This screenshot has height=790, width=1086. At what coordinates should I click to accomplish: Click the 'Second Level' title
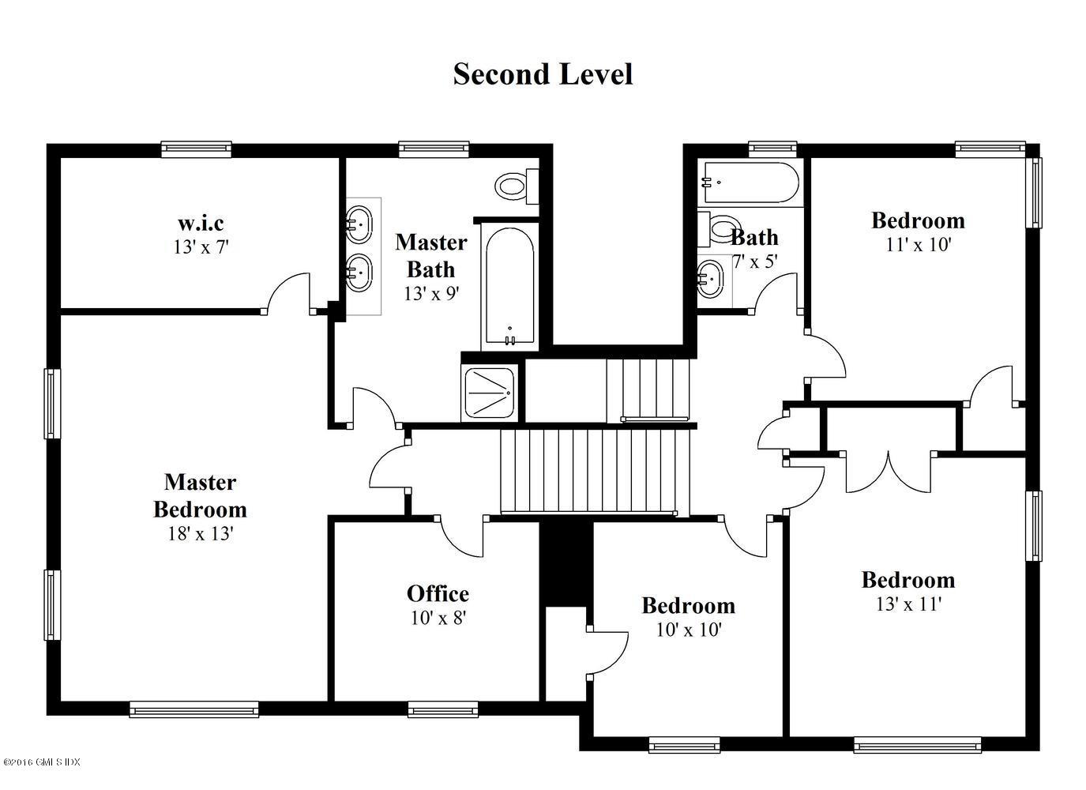(x=543, y=75)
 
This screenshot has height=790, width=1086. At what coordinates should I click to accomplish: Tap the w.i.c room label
(x=201, y=223)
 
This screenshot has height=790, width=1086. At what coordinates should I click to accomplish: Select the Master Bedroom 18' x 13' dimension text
(x=201, y=534)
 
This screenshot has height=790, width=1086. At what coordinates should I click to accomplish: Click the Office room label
(x=438, y=593)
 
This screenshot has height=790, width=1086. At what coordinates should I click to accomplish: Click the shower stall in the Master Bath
(x=489, y=393)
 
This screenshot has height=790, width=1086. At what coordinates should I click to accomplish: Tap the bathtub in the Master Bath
(x=509, y=287)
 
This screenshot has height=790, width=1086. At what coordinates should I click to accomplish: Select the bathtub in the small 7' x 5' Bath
(x=750, y=182)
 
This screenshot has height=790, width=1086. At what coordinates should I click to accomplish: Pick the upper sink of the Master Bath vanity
(x=359, y=224)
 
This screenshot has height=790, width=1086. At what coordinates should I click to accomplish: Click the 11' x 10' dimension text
(x=918, y=244)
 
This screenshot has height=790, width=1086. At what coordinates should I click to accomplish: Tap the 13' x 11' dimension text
(x=908, y=604)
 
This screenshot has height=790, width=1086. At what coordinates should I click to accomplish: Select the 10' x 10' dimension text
(x=689, y=630)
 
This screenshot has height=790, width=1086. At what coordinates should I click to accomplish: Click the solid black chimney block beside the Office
(x=566, y=563)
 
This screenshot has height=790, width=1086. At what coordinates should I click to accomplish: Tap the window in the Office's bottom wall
(x=442, y=710)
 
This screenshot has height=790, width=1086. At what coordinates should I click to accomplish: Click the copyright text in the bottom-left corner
(x=41, y=762)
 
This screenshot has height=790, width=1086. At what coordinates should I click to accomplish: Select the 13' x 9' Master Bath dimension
(x=431, y=293)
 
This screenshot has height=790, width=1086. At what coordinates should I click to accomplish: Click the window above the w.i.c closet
(x=196, y=149)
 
